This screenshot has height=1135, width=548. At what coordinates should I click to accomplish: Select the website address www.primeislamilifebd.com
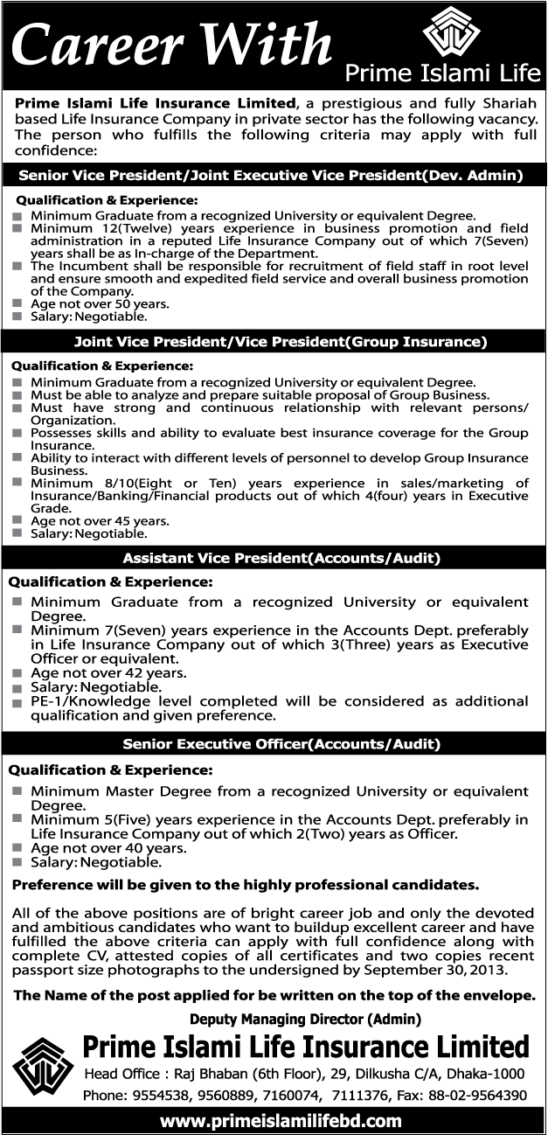pos(274,1120)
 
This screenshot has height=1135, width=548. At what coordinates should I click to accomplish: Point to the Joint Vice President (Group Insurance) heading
pos(274,341)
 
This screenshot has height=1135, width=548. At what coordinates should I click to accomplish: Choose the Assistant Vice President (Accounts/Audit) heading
pos(274,557)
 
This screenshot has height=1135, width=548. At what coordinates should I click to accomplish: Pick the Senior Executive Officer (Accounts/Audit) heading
pos(274,744)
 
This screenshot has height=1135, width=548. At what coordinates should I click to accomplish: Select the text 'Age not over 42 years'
pos(108,674)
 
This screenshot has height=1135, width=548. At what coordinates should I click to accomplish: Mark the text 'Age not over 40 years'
pos(108,848)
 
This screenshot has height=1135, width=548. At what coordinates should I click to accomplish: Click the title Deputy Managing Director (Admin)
pos(305,1019)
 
